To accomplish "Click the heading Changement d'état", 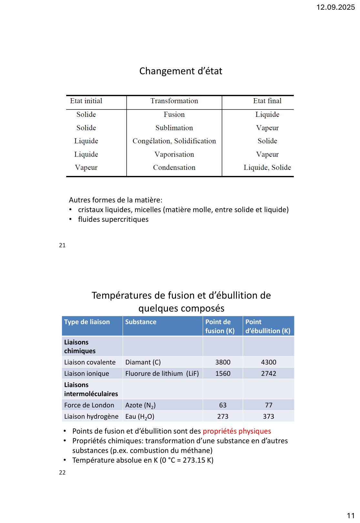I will [180, 71].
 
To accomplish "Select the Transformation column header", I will [174, 101].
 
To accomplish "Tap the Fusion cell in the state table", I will [174, 115].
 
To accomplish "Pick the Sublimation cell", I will [174, 128].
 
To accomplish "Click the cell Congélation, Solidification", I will [174, 141].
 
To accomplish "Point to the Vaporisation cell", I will [174, 154].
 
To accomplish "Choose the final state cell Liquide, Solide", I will [267, 168].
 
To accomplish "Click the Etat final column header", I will [267, 101].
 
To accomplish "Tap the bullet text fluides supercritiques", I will [113, 220].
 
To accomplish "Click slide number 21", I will [62, 245].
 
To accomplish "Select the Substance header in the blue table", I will [141, 322].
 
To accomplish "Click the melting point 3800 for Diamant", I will [223, 362].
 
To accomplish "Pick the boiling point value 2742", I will [269, 374].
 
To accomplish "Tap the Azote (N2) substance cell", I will [140, 405].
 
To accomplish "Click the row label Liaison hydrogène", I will [91, 416].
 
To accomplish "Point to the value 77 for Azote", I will [269, 405].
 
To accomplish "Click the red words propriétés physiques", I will [237, 431].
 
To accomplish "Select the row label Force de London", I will [89, 405].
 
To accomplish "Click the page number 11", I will [351, 516].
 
